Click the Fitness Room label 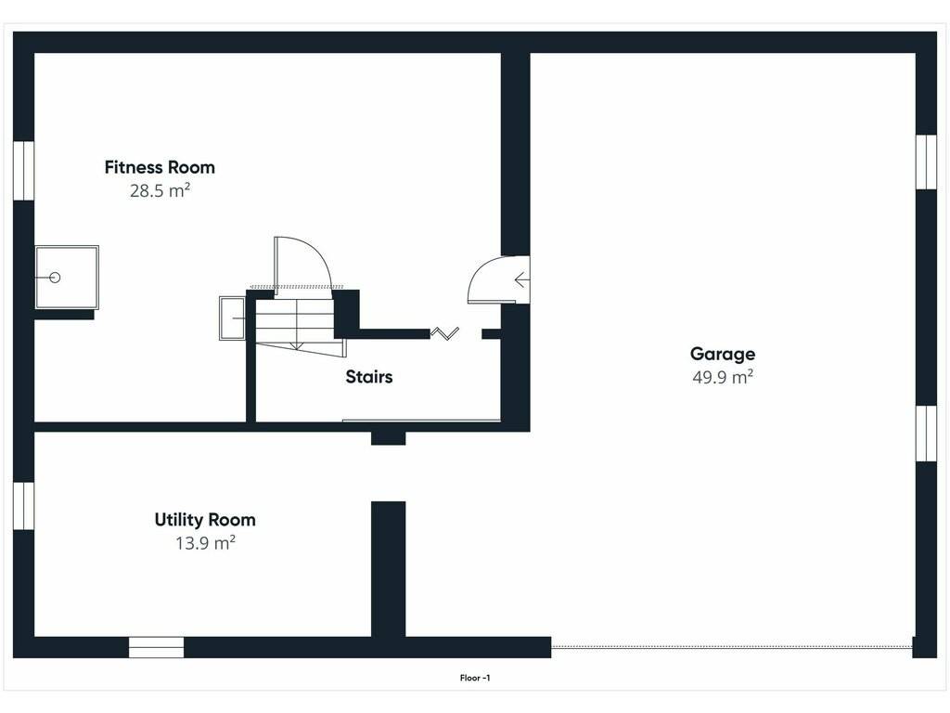coord(160,167)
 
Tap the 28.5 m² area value coord(160,190)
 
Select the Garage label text coord(722,354)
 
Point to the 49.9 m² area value coord(722,377)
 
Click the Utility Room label coord(205,520)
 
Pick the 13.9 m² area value coord(205,543)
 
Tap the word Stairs coord(369,377)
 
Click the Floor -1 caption coord(475,678)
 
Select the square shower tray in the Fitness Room coord(67,277)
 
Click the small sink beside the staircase coord(232,318)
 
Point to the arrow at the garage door coord(521,279)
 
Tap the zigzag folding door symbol coord(444,333)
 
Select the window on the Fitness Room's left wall coord(23,171)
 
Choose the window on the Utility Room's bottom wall coord(156,647)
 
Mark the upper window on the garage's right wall coord(927,162)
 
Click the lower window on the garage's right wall coord(927,434)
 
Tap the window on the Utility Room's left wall coord(23,506)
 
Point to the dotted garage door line coord(732,647)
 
